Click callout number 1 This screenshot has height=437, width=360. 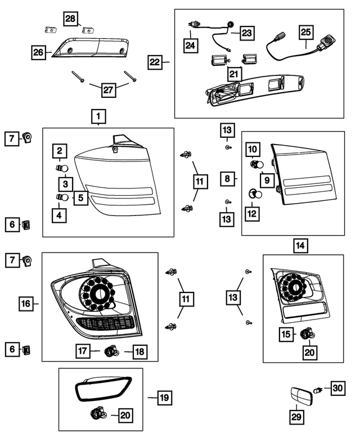click(x=98, y=117)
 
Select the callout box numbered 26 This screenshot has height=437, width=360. click(x=38, y=53)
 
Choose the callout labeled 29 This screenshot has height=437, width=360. click(x=296, y=417)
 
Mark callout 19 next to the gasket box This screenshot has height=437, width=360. click(x=164, y=398)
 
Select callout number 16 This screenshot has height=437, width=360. click(x=26, y=304)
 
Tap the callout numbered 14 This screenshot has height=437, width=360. click(x=301, y=245)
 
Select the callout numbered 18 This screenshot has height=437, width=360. click(x=139, y=352)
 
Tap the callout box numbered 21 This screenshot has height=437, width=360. click(x=233, y=74)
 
